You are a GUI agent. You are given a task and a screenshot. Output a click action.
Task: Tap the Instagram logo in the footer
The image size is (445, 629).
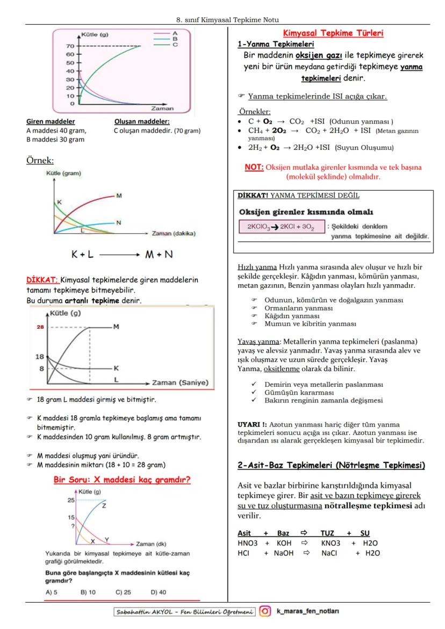265,611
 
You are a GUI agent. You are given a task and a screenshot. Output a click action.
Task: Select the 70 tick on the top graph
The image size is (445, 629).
70,46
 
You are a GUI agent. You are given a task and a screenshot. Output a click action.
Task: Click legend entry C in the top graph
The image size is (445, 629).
175,45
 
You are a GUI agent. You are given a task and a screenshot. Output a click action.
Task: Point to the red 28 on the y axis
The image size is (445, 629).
40,327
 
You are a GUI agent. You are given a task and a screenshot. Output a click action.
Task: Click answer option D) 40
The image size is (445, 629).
160,592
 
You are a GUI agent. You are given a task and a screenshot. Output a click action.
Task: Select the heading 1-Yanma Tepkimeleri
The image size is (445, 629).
276,44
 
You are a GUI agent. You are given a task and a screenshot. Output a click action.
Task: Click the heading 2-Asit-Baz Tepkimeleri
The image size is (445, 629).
331,465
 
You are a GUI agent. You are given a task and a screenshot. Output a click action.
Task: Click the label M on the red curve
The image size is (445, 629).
118,196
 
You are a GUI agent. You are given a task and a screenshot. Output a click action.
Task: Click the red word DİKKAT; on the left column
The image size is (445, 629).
42,280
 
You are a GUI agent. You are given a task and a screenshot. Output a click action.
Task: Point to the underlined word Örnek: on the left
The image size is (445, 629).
40,160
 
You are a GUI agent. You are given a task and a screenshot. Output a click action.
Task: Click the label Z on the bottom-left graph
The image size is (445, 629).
104,505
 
